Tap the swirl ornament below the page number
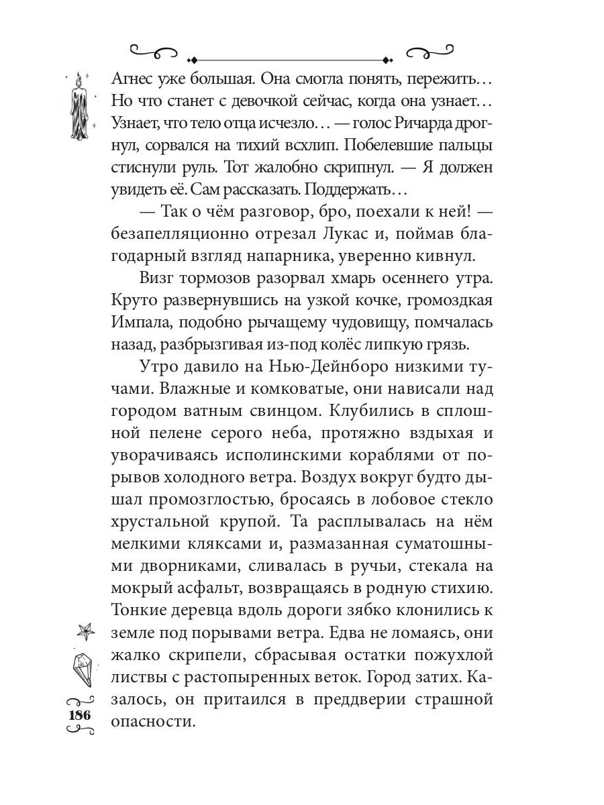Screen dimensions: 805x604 pyautogui.click(x=79, y=732)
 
